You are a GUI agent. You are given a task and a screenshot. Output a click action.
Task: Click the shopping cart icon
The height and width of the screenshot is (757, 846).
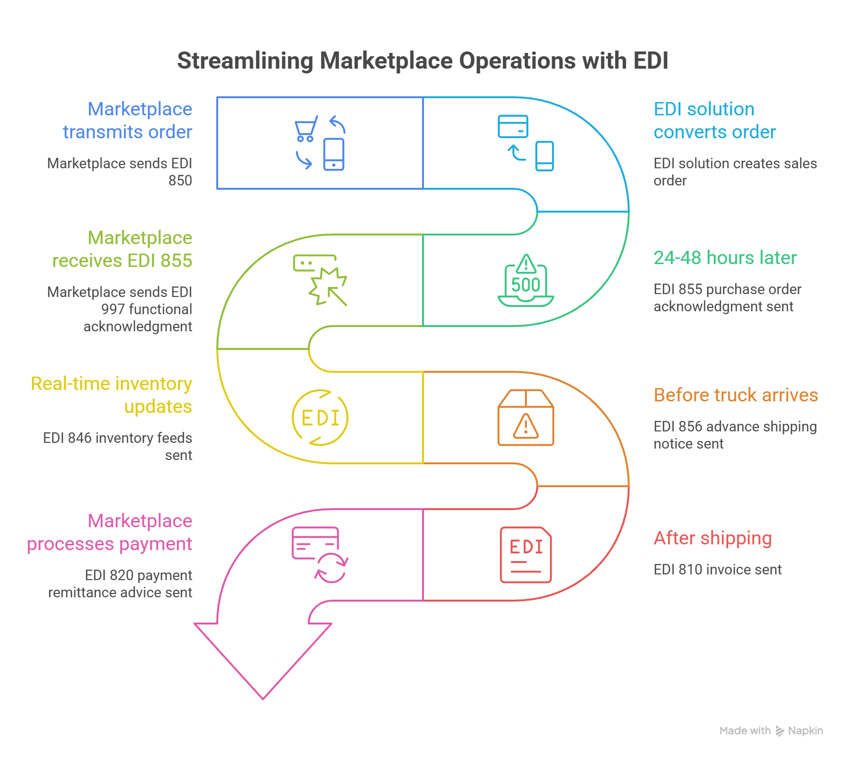(x=305, y=129)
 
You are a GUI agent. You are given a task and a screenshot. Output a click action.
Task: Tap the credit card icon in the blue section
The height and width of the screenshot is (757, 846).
(x=513, y=126)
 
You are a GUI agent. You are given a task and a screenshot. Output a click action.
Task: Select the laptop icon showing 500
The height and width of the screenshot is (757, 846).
(x=526, y=281)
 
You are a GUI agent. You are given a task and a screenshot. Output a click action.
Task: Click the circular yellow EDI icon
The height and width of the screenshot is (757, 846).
(x=320, y=418)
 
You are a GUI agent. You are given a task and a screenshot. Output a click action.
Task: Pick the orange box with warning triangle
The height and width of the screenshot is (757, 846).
(x=526, y=418)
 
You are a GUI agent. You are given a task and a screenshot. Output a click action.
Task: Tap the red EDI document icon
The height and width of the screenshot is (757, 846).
(x=526, y=555)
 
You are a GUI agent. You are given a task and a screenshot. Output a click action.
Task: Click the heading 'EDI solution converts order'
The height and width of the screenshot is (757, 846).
(x=715, y=120)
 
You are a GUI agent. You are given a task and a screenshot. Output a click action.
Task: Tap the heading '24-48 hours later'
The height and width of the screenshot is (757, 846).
(x=725, y=257)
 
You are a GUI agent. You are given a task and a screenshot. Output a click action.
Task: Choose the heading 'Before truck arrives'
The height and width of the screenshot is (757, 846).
(x=736, y=395)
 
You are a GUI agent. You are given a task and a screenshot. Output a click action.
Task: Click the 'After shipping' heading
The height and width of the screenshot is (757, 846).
(x=713, y=538)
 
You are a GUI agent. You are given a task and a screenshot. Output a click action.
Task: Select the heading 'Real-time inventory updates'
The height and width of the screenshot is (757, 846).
(x=111, y=395)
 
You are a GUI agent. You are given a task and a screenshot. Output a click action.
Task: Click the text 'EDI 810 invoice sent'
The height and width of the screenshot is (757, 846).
(x=718, y=569)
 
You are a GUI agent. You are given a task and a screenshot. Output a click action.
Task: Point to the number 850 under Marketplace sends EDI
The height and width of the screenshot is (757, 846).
(x=180, y=181)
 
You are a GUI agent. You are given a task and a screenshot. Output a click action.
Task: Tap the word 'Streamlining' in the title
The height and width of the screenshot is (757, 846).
(x=245, y=61)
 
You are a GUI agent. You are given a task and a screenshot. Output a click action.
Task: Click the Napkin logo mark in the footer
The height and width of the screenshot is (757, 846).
(x=780, y=731)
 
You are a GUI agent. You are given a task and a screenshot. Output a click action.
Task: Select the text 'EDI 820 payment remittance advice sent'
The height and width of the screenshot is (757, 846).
(x=120, y=583)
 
